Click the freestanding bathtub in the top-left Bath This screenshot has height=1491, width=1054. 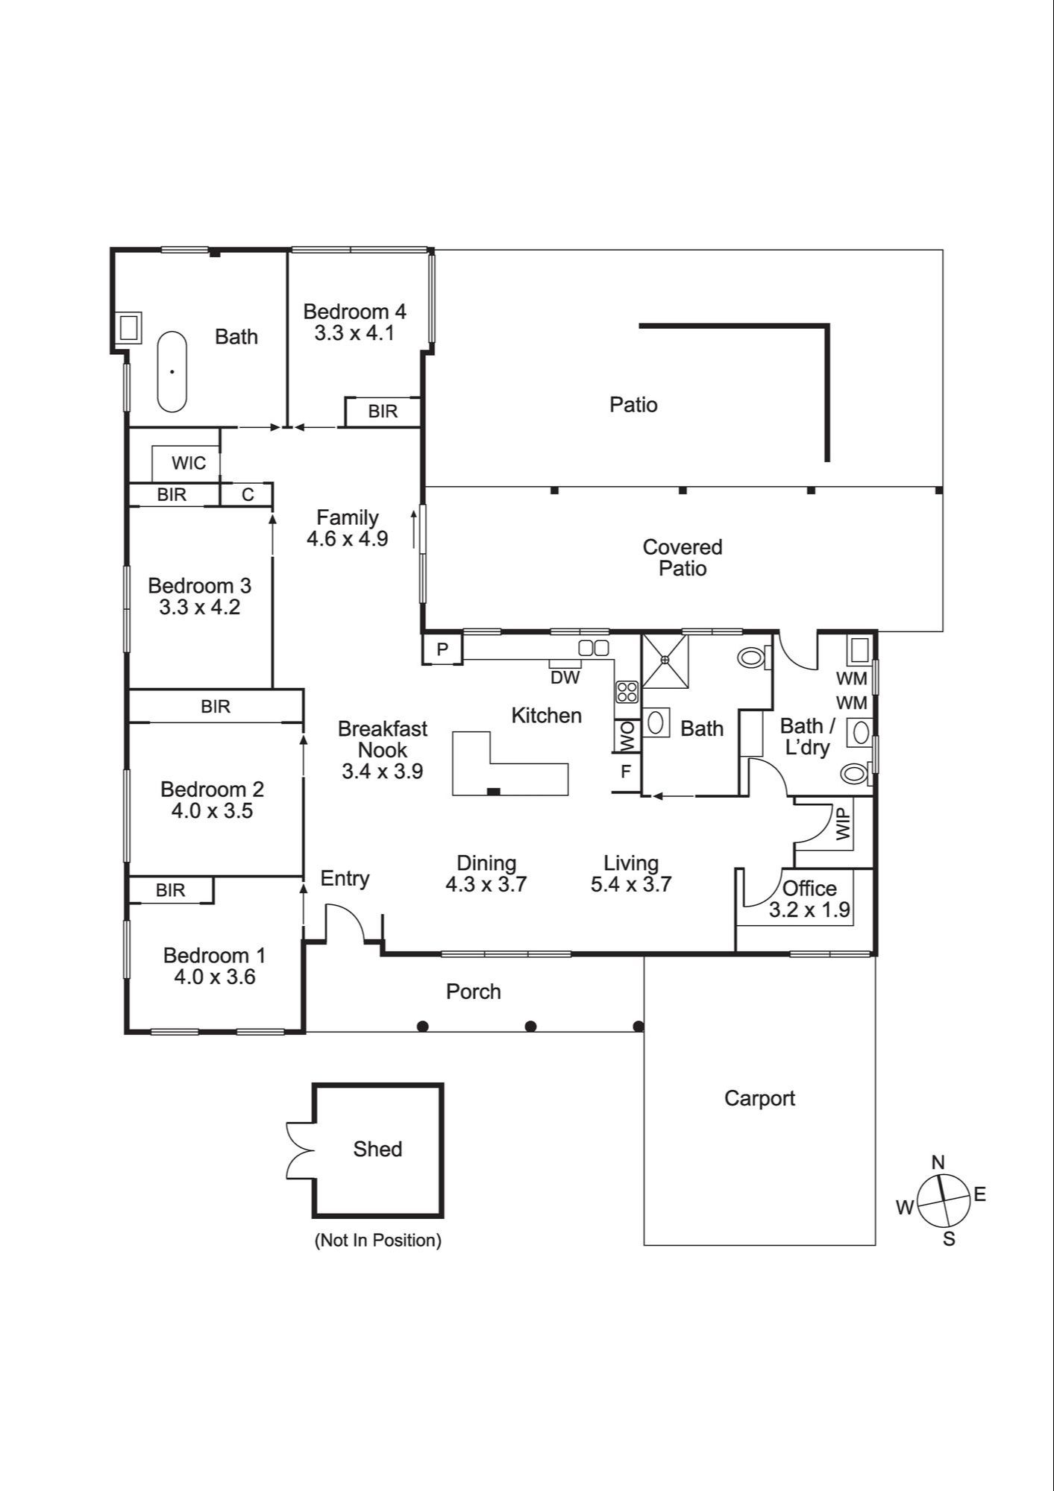(x=172, y=371)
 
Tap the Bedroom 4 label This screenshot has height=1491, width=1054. (x=354, y=312)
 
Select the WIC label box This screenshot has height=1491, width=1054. (x=188, y=463)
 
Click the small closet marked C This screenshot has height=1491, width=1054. (x=248, y=494)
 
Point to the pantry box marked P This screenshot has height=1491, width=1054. (x=442, y=649)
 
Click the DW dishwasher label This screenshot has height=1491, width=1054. (x=565, y=678)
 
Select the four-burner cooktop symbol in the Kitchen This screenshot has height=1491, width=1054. (x=627, y=693)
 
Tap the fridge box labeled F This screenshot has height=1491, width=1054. (x=626, y=772)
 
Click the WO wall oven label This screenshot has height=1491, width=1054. (x=627, y=736)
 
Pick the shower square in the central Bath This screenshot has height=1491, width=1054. (x=665, y=661)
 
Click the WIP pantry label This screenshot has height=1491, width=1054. (x=844, y=826)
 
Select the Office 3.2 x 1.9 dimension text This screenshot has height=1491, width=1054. (x=809, y=910)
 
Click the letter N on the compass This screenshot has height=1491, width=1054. (x=938, y=1162)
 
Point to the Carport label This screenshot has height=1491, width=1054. (x=759, y=1098)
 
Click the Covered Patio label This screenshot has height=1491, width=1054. (x=683, y=558)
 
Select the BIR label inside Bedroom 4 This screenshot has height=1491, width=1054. (x=383, y=412)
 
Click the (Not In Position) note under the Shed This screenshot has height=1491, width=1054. (x=377, y=1241)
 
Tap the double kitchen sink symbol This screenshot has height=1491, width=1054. (x=594, y=648)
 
